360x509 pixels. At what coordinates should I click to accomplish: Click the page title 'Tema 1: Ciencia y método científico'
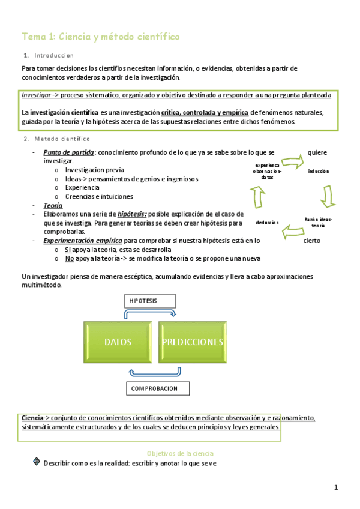pos(100,37)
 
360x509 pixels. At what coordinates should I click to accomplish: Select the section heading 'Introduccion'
pos(53,55)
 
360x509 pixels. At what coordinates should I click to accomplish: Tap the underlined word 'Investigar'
pos(36,95)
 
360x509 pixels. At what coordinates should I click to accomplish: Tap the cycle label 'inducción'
pos(319,172)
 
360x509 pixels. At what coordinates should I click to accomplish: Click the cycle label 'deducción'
pos(267,223)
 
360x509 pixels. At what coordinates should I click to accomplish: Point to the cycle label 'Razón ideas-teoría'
pos(318,222)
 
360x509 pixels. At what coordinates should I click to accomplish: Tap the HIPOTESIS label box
pos(149,300)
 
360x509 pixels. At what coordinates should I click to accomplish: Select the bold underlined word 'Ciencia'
pos(32,418)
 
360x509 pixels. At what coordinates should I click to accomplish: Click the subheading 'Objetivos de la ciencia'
pos(180,453)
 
